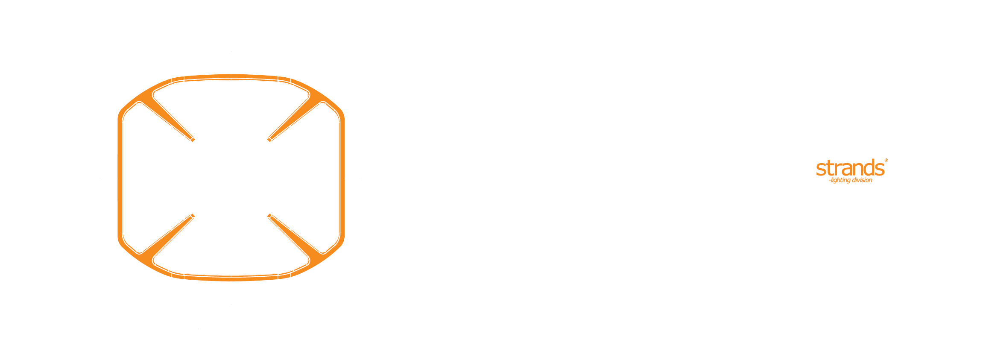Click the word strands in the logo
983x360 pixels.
(x=850, y=169)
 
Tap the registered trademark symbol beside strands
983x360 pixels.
(x=886, y=161)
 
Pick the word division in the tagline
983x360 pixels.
(x=862, y=180)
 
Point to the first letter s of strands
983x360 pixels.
(x=820, y=170)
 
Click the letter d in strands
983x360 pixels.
(x=869, y=168)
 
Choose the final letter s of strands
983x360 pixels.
(x=879, y=170)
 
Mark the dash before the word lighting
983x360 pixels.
(x=830, y=181)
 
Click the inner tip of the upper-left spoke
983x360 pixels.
(x=193, y=140)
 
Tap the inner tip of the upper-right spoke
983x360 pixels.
(x=269, y=140)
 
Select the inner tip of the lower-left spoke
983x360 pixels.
(x=193, y=216)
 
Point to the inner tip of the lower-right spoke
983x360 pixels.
(x=269, y=216)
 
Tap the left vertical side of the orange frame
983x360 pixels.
(x=120, y=178)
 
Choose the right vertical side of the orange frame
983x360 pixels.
(x=342, y=178)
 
